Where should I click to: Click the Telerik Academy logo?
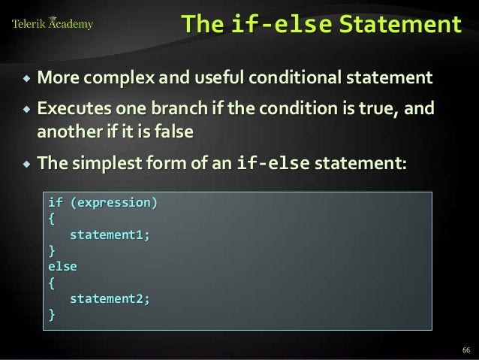53,24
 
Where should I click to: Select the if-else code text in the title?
282,26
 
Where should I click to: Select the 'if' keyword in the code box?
55,203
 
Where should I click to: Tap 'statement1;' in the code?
110,234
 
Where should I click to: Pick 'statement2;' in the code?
110,298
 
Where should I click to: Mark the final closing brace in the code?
52,314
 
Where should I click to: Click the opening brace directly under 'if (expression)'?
52,219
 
